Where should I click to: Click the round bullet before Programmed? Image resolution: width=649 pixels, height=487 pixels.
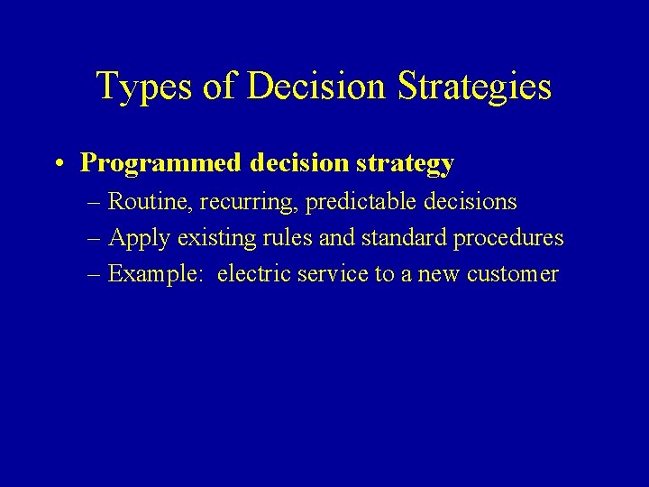(58, 163)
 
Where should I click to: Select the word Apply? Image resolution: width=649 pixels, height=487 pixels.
(140, 239)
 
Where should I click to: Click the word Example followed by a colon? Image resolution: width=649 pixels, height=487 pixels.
(159, 274)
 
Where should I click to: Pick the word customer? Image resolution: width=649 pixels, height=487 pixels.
(513, 274)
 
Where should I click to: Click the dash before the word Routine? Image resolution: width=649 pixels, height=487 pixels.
(96, 203)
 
